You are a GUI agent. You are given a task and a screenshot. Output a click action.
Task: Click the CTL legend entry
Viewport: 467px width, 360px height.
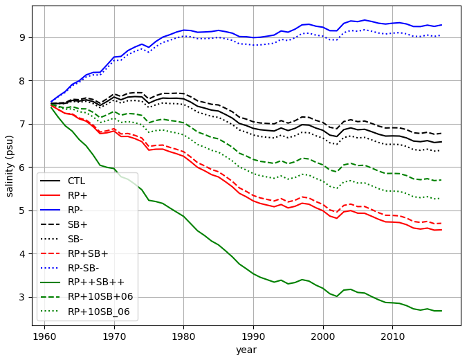point(77,181)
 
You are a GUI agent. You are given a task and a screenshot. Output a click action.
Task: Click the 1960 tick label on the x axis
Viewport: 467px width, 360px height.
point(44,336)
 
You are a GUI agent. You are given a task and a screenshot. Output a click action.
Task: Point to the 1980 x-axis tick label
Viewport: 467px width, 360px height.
point(183,336)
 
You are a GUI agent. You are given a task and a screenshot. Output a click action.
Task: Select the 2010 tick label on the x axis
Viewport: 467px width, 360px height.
point(392,336)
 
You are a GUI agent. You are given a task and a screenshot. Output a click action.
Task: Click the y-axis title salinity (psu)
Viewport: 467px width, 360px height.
point(10,165)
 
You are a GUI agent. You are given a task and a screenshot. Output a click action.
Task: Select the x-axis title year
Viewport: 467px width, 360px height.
point(246,350)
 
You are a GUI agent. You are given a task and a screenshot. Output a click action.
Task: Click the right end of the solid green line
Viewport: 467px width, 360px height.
point(441,311)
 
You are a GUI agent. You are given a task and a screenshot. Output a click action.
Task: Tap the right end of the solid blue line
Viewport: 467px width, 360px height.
point(441,25)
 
